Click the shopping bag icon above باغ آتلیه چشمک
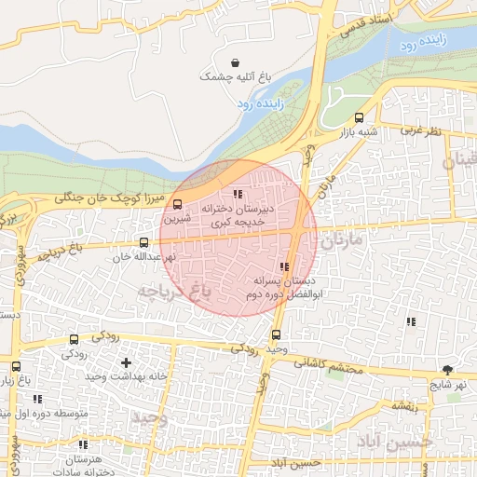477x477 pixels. tap(221, 61)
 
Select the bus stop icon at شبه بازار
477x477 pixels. tap(360, 118)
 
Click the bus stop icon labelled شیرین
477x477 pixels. tap(178, 205)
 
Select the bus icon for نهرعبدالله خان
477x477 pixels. tap(143, 242)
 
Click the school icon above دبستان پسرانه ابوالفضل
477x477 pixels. tap(284, 267)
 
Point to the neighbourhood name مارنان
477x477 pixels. tap(347, 243)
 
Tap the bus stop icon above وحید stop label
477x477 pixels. tap(275, 335)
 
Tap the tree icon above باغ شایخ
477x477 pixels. tap(448, 370)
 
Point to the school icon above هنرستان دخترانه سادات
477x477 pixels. tap(83, 445)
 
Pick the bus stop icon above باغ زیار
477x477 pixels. tap(17, 366)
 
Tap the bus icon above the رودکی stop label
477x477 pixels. tap(74, 339)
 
